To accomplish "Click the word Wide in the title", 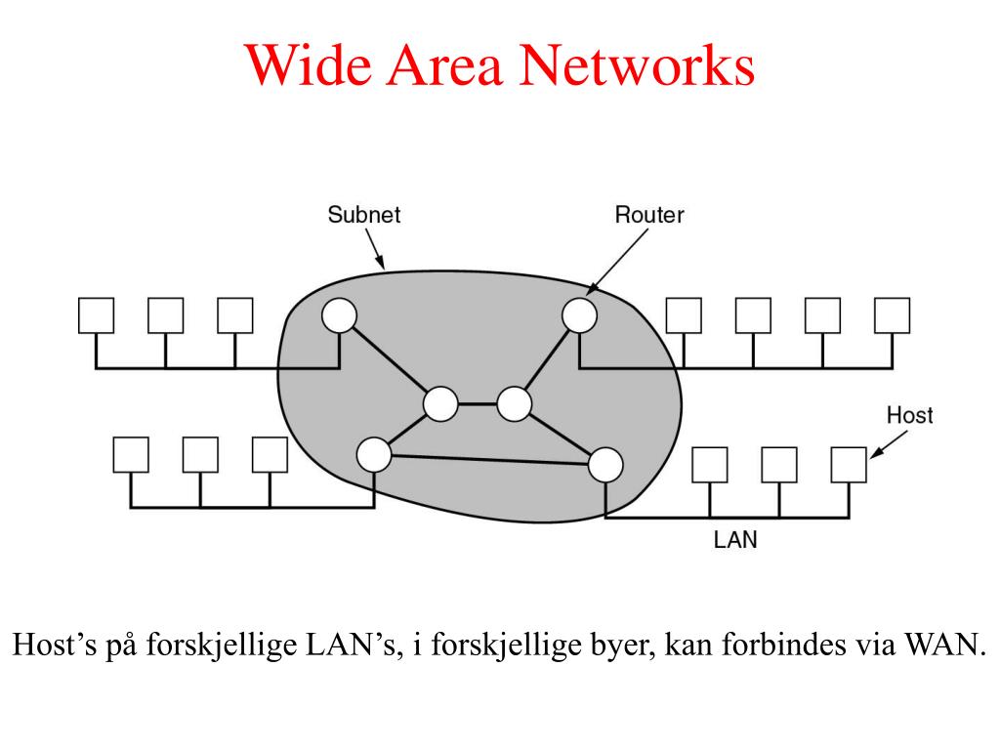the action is pyautogui.click(x=308, y=64).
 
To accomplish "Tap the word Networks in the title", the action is pyautogui.click(x=637, y=64).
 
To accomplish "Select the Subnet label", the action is pyautogui.click(x=363, y=214).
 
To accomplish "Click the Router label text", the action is pyautogui.click(x=649, y=214).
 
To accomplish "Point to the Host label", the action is pyautogui.click(x=909, y=415).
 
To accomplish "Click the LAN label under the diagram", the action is pyautogui.click(x=735, y=539).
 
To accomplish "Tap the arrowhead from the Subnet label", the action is pyautogui.click(x=381, y=262).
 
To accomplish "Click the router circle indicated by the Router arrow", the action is pyautogui.click(x=580, y=315).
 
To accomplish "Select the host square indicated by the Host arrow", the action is pyautogui.click(x=849, y=464).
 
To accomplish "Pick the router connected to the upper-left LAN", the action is pyautogui.click(x=339, y=315).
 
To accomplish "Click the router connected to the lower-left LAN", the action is pyautogui.click(x=374, y=454).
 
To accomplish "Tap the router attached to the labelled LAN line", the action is pyautogui.click(x=605, y=464).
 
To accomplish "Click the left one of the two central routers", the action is pyautogui.click(x=440, y=403).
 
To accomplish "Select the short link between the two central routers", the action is pyautogui.click(x=477, y=403).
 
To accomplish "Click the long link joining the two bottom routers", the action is pyautogui.click(x=489, y=459).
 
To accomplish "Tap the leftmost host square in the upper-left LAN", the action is pyautogui.click(x=97, y=315).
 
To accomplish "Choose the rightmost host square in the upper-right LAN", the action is pyautogui.click(x=893, y=315).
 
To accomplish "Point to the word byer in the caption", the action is pyautogui.click(x=622, y=646).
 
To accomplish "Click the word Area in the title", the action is pyautogui.click(x=444, y=64).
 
